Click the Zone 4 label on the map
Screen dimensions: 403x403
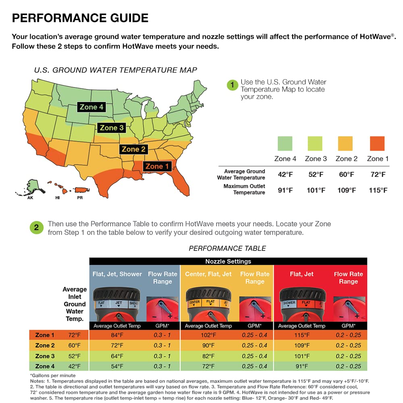tap(91, 107)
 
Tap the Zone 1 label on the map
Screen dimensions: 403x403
tap(157, 166)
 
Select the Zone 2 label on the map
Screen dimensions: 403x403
tap(133, 150)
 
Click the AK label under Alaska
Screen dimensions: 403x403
tap(30, 198)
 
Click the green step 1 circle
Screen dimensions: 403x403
tap(232, 85)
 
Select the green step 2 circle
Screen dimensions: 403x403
tap(36, 228)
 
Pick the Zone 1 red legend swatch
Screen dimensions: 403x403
tap(377, 143)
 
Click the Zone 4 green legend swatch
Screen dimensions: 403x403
tap(285, 143)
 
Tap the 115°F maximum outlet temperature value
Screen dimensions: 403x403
tap(378, 190)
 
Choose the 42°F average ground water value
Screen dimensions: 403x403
tap(285, 174)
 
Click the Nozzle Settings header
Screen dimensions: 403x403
tap(228, 261)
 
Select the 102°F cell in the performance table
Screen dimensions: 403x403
tap(208, 335)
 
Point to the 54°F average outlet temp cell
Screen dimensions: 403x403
tap(116, 366)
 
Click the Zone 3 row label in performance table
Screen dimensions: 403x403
tap(45, 356)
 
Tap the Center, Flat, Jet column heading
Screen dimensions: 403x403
tap(208, 274)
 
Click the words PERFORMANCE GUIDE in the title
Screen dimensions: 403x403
tap(80, 18)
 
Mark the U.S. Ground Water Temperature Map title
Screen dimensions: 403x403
tap(116, 70)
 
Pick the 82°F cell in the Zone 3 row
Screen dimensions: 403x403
tap(208, 356)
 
